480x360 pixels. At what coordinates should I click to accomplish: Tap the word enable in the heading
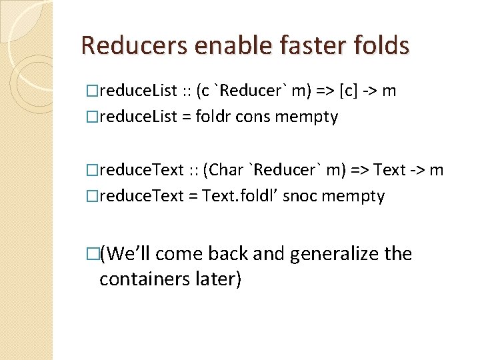tap(219, 46)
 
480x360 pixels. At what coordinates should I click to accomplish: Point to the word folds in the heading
tap(379, 46)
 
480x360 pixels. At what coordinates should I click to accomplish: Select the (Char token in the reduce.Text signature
tap(226, 170)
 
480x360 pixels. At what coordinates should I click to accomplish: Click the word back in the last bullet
tap(231, 254)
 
